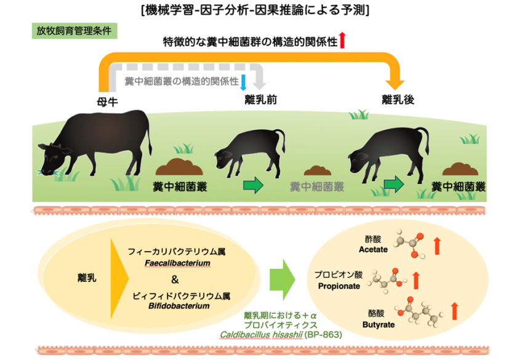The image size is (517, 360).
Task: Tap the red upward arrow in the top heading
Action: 342,41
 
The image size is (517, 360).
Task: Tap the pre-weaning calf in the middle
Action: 249,151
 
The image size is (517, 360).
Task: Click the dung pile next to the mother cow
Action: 178,167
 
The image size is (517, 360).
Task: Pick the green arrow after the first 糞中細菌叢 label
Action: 252,185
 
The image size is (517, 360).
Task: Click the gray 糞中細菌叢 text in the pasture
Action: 318,186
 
